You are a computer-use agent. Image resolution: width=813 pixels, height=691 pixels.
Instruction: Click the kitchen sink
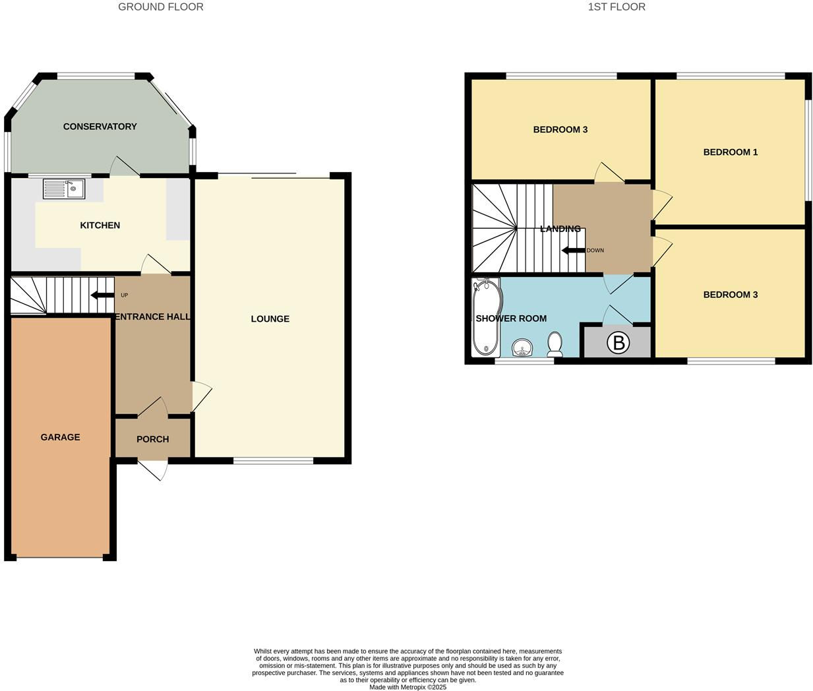tap(64, 189)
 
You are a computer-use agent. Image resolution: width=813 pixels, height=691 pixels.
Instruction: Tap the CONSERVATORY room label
tap(100, 127)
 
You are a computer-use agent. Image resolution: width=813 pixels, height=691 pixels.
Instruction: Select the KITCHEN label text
tap(100, 225)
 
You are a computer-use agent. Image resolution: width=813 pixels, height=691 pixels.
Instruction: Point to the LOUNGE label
tap(270, 319)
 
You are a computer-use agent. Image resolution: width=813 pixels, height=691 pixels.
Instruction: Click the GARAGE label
tap(60, 437)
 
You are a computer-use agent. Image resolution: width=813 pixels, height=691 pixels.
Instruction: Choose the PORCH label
tap(152, 439)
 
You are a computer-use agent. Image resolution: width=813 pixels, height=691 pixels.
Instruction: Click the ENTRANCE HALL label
tap(152, 317)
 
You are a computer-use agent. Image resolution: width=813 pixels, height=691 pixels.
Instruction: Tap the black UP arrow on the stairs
tap(102, 295)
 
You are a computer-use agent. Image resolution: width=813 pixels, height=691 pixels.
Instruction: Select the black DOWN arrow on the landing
tap(572, 251)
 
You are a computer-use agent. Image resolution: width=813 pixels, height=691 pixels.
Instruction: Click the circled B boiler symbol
tap(618, 343)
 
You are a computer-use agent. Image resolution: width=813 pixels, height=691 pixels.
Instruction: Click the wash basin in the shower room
tap(523, 347)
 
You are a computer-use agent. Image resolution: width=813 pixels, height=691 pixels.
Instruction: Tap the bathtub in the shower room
tap(485, 316)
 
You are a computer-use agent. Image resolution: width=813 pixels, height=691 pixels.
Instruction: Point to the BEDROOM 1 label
tap(730, 152)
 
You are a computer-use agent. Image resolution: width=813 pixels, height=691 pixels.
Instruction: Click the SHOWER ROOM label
tap(511, 318)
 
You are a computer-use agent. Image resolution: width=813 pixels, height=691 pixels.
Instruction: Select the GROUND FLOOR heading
tap(160, 7)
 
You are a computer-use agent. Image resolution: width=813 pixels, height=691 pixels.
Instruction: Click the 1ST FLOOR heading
tap(616, 7)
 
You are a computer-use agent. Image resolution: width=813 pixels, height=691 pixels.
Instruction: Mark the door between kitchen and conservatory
tap(125, 167)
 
